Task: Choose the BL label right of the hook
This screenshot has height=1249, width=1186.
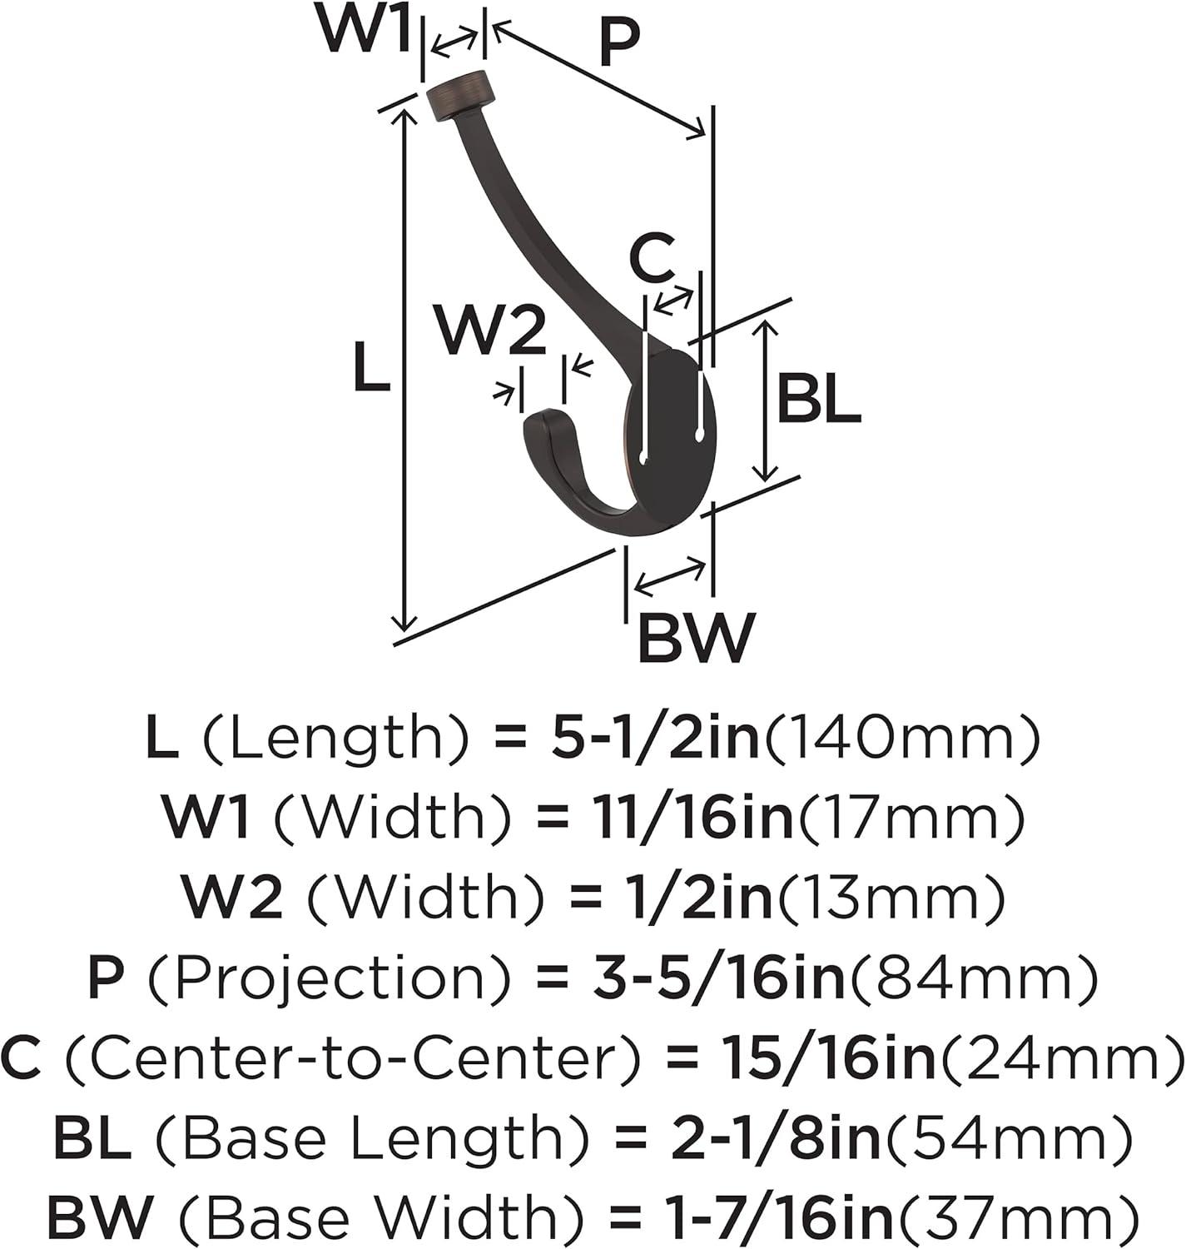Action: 819,398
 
